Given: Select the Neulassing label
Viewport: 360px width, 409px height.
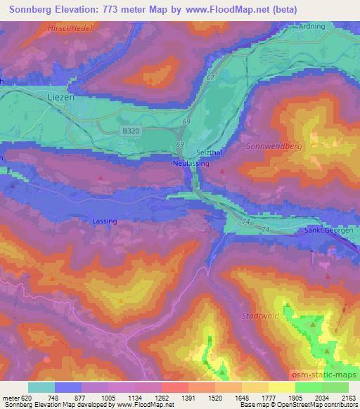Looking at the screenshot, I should click(x=187, y=162).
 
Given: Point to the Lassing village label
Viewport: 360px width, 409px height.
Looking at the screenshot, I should click(x=103, y=221).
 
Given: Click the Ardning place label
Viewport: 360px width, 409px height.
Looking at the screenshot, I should click(x=313, y=27).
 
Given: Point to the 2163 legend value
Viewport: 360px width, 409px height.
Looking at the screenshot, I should click(x=349, y=398).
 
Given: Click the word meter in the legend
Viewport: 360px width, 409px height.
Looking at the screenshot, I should click(x=8, y=398).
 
